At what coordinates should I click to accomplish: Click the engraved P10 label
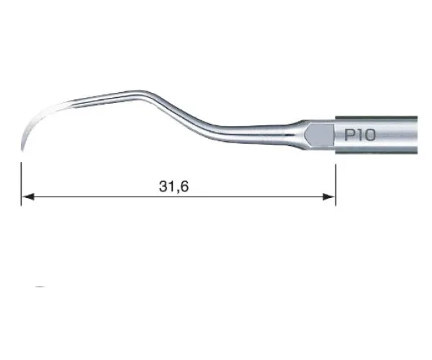(x=360, y=135)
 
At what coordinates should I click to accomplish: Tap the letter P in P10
(x=349, y=135)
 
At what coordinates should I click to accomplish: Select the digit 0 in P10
(x=370, y=135)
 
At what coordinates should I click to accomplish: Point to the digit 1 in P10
(x=359, y=135)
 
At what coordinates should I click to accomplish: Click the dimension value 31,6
(x=174, y=186)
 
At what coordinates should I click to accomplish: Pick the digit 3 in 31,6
(x=163, y=186)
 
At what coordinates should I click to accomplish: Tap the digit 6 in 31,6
(x=184, y=186)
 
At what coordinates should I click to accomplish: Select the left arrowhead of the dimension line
(x=27, y=197)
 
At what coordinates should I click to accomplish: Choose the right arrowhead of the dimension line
(x=329, y=197)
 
